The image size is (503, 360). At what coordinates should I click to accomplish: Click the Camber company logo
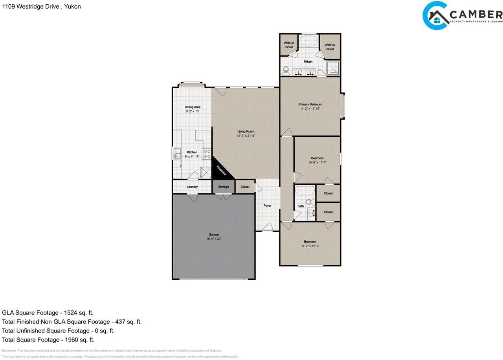point(462,15)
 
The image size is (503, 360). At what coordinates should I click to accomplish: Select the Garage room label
point(214,235)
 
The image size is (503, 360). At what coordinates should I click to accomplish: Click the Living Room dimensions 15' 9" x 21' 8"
point(246,136)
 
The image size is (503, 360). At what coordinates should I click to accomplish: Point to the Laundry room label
point(192,187)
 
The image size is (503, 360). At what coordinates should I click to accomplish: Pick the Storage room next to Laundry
point(224,187)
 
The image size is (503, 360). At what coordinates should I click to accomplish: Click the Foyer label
point(267,206)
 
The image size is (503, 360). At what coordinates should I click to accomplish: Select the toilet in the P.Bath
point(286,71)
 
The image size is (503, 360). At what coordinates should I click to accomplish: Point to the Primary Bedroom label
point(310,104)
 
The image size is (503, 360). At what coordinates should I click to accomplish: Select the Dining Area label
point(193,107)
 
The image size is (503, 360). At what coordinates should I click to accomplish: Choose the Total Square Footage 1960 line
point(48,340)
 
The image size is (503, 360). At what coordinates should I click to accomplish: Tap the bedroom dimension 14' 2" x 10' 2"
point(310,246)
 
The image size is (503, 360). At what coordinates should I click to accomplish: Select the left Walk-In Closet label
point(289,45)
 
